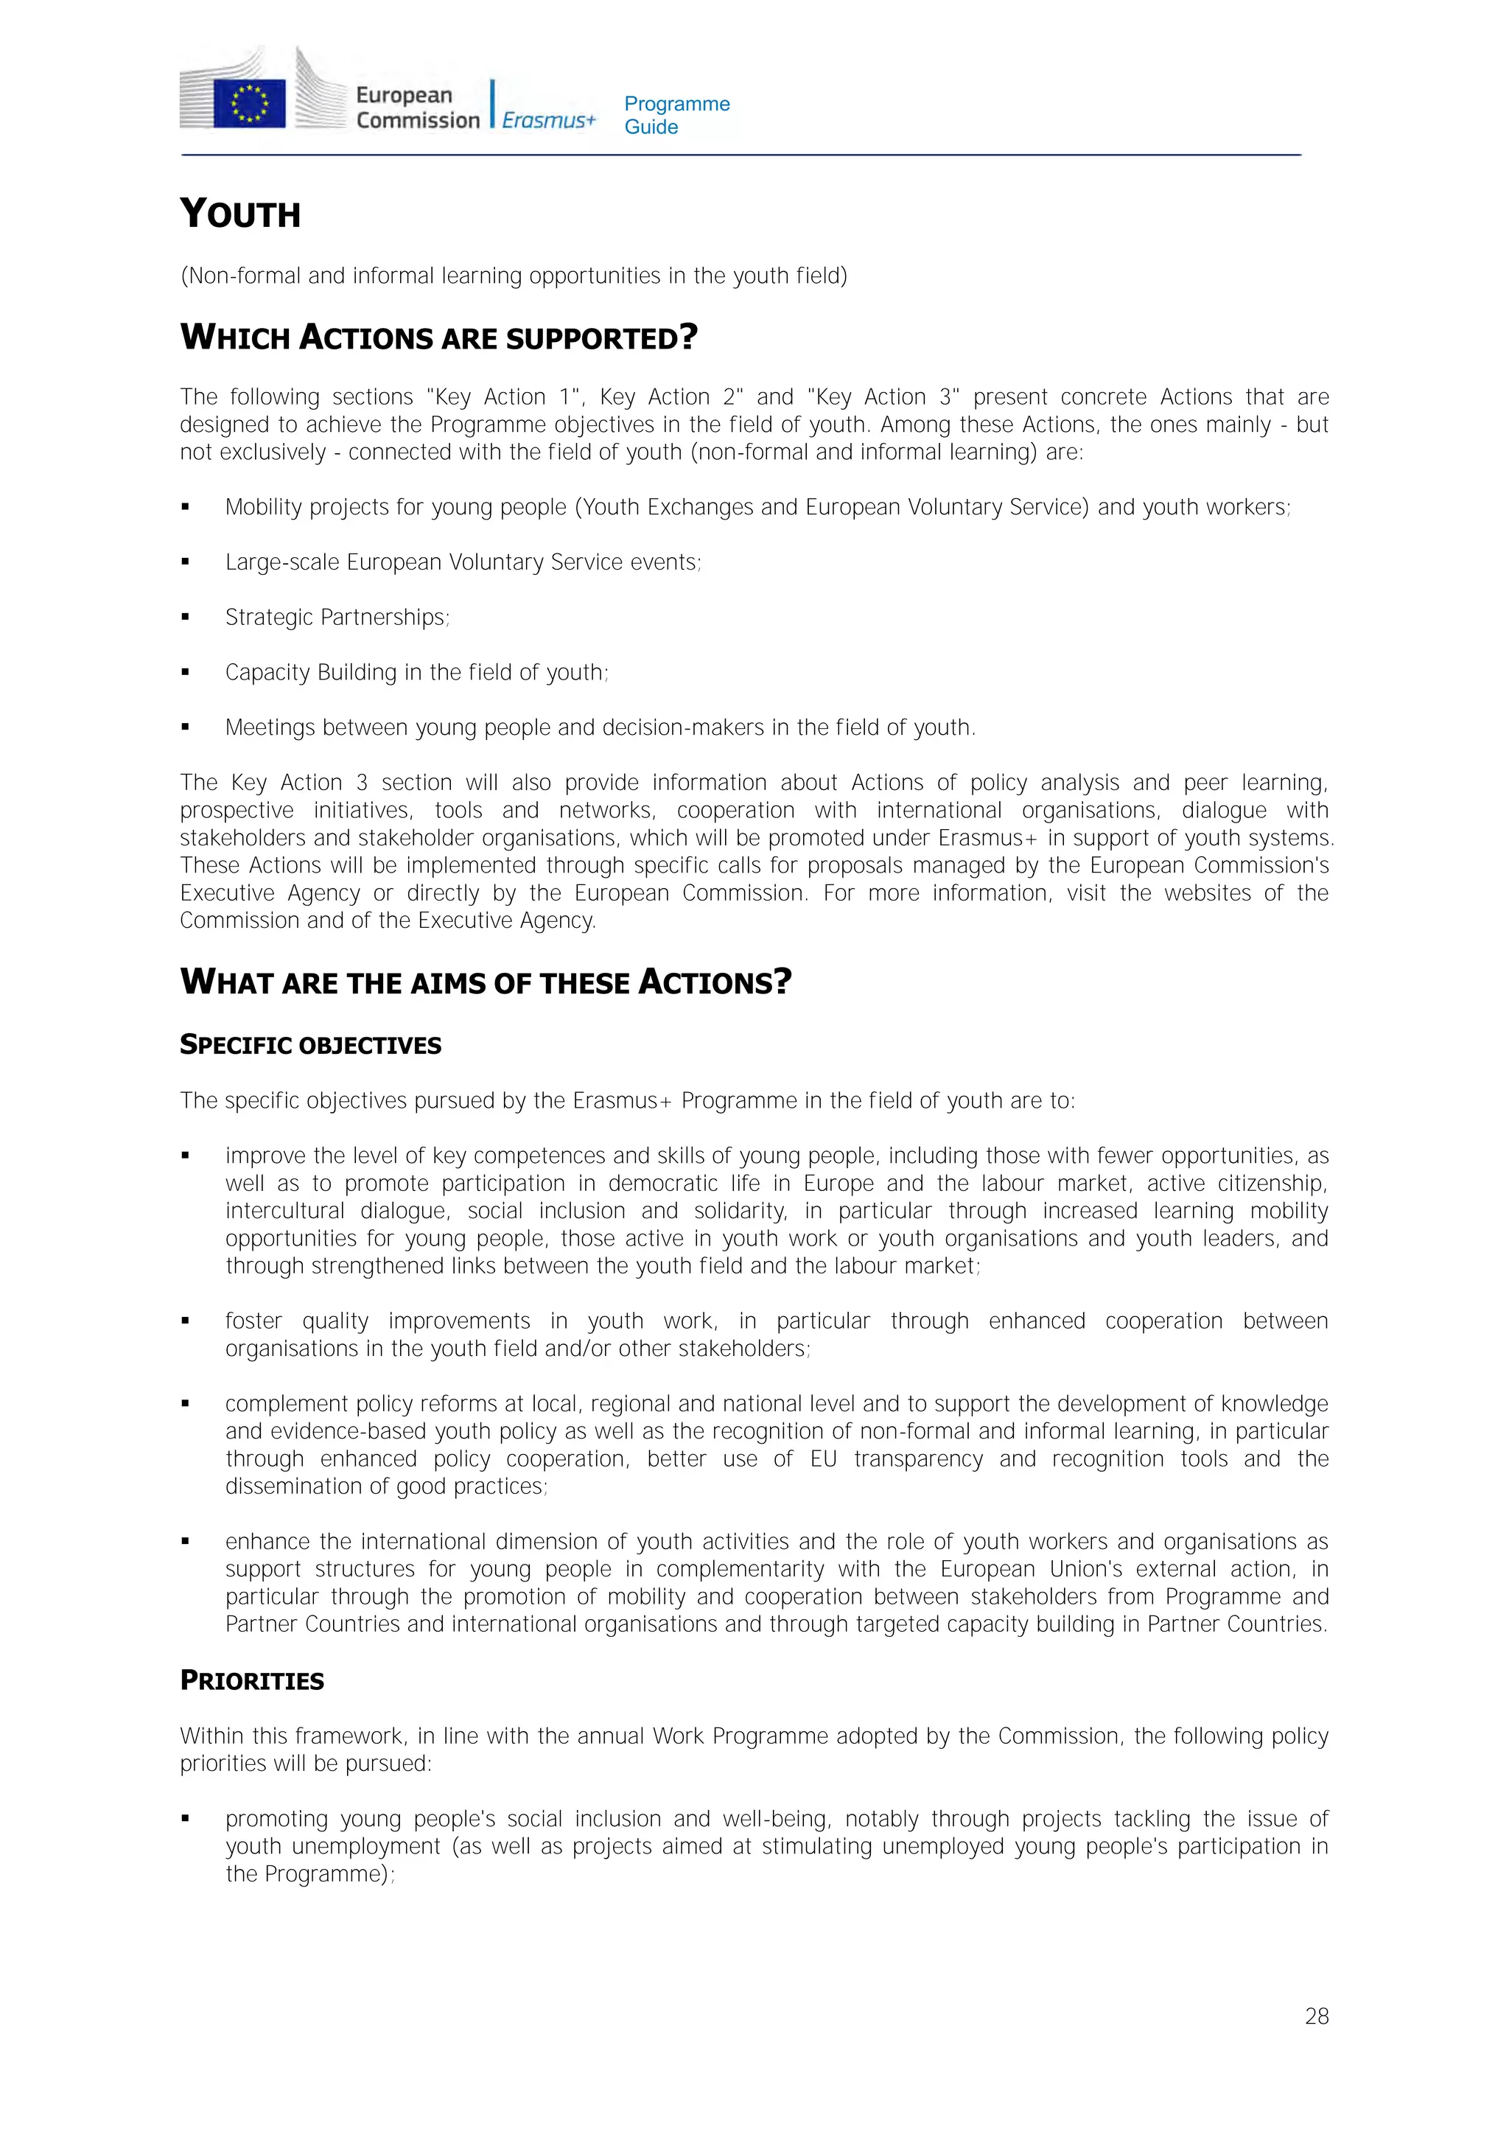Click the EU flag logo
point(249,102)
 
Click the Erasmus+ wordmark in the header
point(548,120)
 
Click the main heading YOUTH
point(240,214)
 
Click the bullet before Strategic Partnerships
point(186,618)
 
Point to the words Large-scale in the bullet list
point(283,562)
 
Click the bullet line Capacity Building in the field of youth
point(416,672)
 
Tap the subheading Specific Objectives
point(310,1045)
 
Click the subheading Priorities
point(252,1681)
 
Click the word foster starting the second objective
point(253,1321)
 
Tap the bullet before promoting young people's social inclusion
point(186,1819)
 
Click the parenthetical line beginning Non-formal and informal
point(514,276)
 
